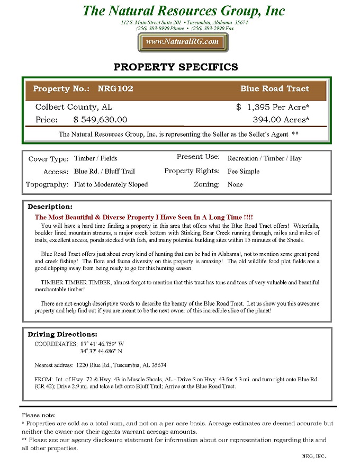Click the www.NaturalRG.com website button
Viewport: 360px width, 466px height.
[x=182, y=42]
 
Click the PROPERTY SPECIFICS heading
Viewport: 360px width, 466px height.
[x=176, y=67]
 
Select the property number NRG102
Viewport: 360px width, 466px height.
[x=115, y=89]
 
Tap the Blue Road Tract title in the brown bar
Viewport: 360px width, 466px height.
[x=274, y=89]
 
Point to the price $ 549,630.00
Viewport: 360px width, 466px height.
[x=100, y=120]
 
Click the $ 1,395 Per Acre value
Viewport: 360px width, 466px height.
[x=273, y=107]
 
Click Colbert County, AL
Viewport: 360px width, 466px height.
[x=74, y=107]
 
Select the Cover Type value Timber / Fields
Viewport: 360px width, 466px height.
[x=96, y=158]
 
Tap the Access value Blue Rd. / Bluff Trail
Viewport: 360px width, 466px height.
[x=104, y=172]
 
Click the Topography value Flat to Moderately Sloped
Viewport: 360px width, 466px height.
[x=111, y=185]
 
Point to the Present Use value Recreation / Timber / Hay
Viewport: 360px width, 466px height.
[x=264, y=158]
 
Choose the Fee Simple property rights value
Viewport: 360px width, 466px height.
[x=244, y=172]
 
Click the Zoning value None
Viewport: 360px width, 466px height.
[x=235, y=185]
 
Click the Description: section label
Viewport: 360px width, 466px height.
[x=50, y=207]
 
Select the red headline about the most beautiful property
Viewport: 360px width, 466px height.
[x=143, y=218]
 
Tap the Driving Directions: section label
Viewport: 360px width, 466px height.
[x=62, y=334]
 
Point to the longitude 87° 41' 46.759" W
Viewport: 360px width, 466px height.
[x=102, y=344]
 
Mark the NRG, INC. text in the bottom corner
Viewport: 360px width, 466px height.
[x=313, y=456]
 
